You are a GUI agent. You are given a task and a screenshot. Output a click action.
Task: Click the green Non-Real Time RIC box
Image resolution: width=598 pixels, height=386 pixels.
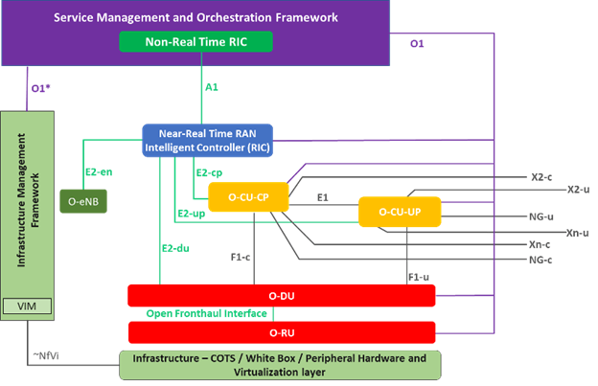pos(195,42)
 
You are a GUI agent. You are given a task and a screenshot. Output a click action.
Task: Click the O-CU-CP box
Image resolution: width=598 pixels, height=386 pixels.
pos(253,196)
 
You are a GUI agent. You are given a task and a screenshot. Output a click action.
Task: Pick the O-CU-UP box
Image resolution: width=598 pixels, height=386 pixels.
pos(399,211)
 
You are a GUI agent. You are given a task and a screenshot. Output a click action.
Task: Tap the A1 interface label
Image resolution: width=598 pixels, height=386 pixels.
pos(213,87)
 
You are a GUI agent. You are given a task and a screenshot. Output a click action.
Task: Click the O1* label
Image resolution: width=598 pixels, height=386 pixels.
pos(39,88)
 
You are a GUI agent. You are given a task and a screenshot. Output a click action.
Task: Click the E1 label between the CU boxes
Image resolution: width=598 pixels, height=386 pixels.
pos(325,196)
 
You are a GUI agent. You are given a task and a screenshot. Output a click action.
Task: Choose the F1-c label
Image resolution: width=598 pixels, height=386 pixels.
pos(241,257)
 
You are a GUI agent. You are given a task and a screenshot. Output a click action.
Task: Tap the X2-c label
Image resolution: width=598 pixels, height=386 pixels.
pos(541,177)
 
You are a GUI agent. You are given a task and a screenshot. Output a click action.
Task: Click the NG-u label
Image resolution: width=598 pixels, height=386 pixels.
pos(541,217)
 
